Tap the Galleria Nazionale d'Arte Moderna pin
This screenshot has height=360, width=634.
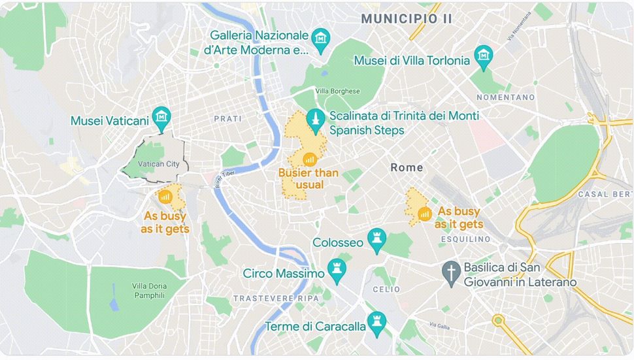pyautogui.click(x=319, y=40)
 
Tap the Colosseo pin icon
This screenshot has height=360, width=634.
pyautogui.click(x=376, y=240)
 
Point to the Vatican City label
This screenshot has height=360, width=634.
pyautogui.click(x=159, y=164)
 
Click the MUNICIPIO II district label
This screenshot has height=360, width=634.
pyautogui.click(x=407, y=19)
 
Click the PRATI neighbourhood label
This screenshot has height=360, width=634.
pyautogui.click(x=227, y=119)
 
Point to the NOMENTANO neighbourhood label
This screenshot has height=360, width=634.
pyautogui.click(x=505, y=97)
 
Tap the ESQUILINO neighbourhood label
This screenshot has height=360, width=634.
pyautogui.click(x=465, y=239)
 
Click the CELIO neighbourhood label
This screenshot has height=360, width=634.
pyautogui.click(x=382, y=289)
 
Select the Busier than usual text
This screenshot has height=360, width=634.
pyautogui.click(x=309, y=178)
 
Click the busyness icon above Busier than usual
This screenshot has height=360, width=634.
pyautogui.click(x=309, y=158)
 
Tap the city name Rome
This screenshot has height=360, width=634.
pyautogui.click(x=407, y=167)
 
